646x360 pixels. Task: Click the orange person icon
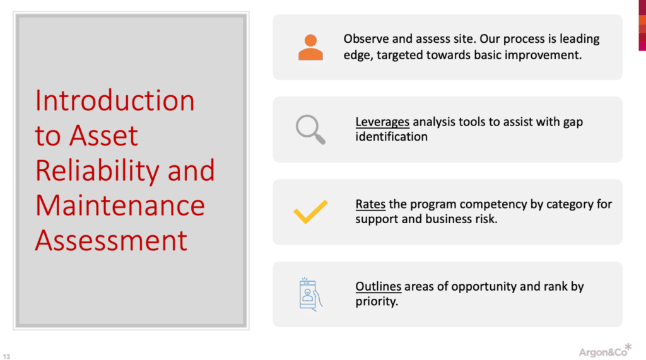tap(310, 47)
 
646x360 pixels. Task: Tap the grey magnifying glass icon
tap(310, 129)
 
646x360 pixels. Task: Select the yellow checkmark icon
tap(310, 212)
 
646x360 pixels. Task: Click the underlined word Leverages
tap(382, 122)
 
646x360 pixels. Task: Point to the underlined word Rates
tap(370, 204)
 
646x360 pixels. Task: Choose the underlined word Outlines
tap(379, 287)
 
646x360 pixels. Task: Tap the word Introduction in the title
tap(115, 101)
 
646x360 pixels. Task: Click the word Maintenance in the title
tap(120, 206)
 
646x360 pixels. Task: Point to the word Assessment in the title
tap(111, 240)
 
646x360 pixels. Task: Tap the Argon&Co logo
tap(602, 350)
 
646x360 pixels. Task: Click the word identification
tap(391, 137)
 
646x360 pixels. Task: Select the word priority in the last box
tap(376, 301)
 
